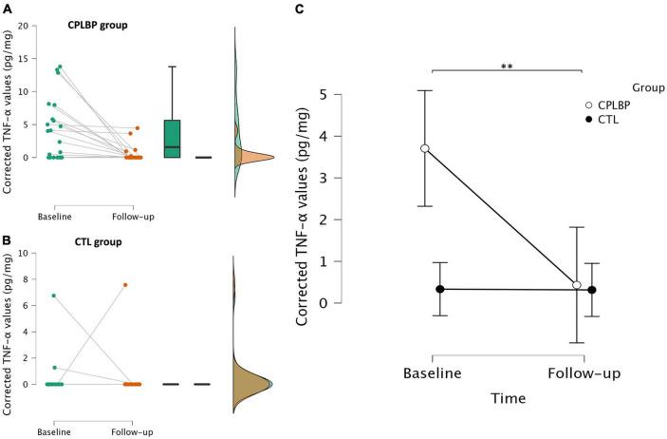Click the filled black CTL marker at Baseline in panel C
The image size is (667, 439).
[x=440, y=289]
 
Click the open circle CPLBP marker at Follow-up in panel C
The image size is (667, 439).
[x=576, y=285]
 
